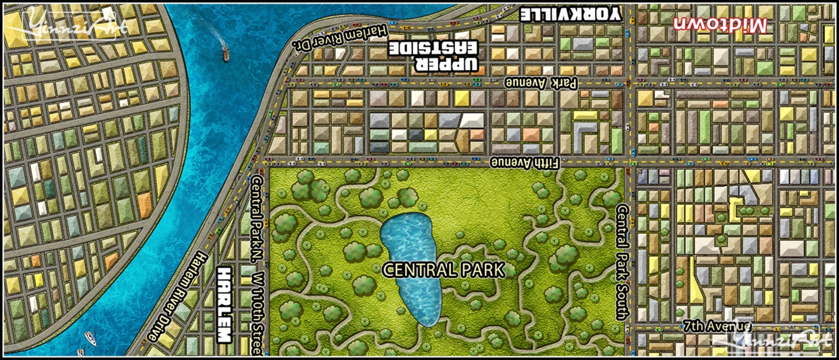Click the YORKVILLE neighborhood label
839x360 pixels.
click(x=570, y=14)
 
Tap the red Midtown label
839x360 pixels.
click(x=720, y=25)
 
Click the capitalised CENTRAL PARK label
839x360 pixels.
click(x=443, y=270)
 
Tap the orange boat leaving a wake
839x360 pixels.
click(x=225, y=53)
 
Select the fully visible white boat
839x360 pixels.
click(x=90, y=337)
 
